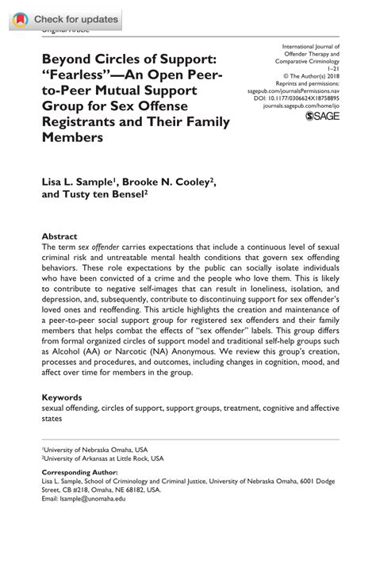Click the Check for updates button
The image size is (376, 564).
tap(65, 19)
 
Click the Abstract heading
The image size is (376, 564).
tap(59, 236)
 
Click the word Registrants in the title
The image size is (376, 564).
tap(75, 121)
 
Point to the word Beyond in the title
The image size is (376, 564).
tap(65, 58)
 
